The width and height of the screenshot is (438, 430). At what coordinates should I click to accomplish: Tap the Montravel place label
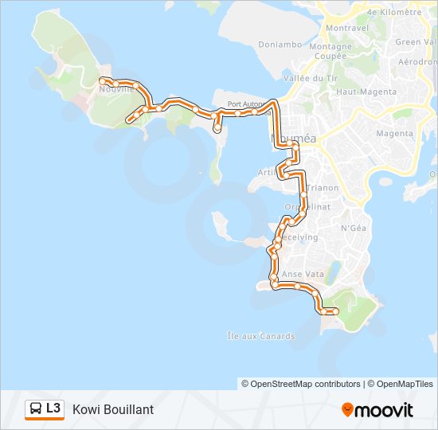pos(347,28)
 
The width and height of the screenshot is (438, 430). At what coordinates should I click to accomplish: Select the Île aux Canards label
pos(260,336)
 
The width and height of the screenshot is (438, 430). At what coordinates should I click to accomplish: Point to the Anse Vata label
pos(303,274)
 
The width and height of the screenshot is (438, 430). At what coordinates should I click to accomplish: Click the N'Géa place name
pos(353,229)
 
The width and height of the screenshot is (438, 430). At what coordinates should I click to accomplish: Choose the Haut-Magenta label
pos(366,92)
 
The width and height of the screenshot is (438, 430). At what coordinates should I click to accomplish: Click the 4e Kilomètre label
pos(394,13)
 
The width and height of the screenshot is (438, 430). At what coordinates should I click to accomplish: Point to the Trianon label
pos(323,188)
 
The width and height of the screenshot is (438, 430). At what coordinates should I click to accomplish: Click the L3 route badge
pos(53,408)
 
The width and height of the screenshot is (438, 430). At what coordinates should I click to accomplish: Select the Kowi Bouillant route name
pos(113,409)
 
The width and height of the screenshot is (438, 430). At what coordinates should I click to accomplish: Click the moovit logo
pos(377,410)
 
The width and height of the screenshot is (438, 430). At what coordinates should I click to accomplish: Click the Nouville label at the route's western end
pos(116,90)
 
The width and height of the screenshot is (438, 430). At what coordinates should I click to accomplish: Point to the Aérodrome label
pos(418,62)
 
